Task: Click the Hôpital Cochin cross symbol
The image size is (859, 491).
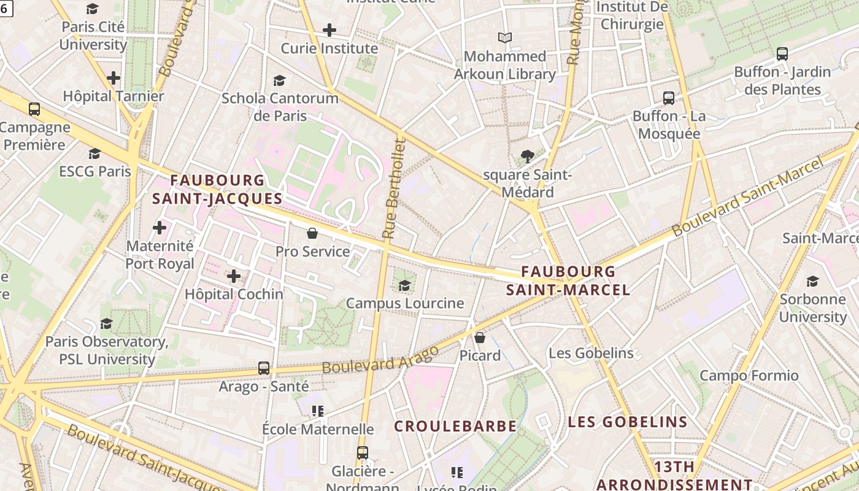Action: [x=234, y=276]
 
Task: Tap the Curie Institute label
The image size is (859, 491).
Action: [x=329, y=48]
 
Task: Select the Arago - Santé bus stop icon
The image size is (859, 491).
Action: [x=264, y=368]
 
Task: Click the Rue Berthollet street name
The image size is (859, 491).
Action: [x=394, y=189]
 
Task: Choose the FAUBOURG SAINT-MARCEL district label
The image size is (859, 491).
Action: [x=568, y=280]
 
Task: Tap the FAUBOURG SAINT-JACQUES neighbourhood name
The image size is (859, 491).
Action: [x=217, y=189]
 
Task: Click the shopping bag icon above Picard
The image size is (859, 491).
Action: [x=480, y=338]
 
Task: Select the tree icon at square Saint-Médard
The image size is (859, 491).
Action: [x=527, y=157]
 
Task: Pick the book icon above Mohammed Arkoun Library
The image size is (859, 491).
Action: [x=505, y=38]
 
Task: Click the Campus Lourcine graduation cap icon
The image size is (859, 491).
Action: [x=405, y=285]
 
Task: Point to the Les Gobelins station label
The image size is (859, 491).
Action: [x=591, y=353]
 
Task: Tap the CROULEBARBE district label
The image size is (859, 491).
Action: [x=455, y=425]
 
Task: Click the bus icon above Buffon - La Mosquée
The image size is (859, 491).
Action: [x=669, y=98]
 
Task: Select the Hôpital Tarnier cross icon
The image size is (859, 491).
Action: [x=114, y=78]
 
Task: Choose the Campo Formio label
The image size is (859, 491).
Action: [x=749, y=375]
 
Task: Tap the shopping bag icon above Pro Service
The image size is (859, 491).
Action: [x=312, y=233]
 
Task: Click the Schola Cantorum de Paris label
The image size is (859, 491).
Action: [x=280, y=106]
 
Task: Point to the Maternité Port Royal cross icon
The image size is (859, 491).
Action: [x=160, y=228]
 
